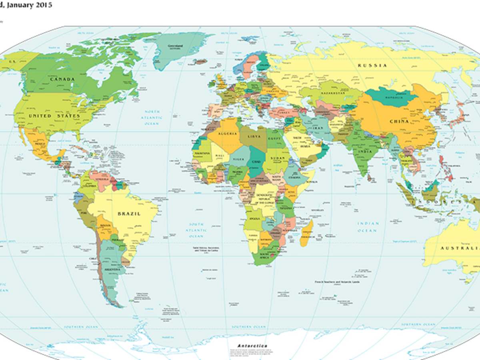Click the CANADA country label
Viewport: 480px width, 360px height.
click(x=62, y=79)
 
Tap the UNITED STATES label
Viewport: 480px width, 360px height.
click(x=54, y=116)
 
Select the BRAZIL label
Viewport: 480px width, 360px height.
click(x=129, y=214)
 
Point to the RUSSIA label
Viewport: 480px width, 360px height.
click(x=372, y=66)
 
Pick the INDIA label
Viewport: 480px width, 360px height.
click(x=365, y=152)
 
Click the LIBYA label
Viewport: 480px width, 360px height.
click(x=254, y=137)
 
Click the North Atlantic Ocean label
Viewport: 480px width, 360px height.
click(x=152, y=118)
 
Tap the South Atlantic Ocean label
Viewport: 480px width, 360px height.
click(x=196, y=230)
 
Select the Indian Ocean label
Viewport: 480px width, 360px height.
click(x=367, y=227)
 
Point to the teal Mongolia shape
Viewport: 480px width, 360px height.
click(x=390, y=98)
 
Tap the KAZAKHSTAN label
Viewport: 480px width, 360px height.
click(x=332, y=93)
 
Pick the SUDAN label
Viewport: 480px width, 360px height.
click(x=277, y=158)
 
